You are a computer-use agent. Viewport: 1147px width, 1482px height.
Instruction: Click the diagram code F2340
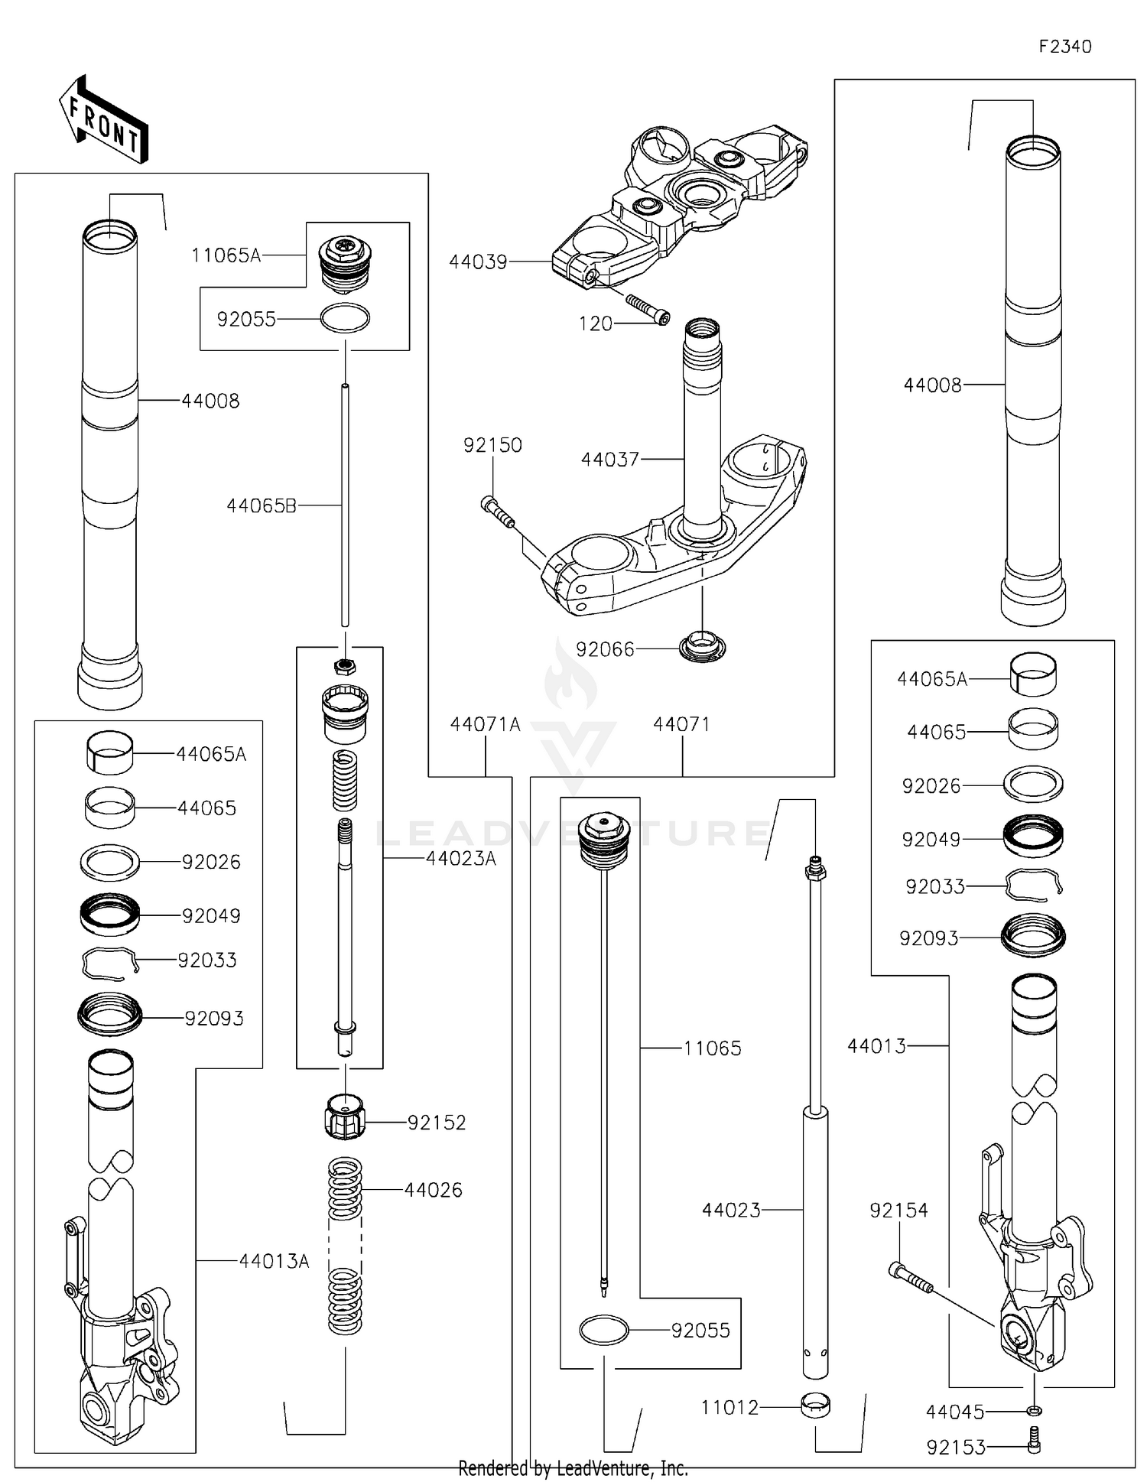point(1064,47)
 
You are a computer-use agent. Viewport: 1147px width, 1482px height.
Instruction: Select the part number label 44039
point(478,262)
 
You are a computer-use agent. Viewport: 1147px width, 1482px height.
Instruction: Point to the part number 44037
point(609,460)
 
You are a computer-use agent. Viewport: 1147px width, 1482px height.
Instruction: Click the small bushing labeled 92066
point(703,647)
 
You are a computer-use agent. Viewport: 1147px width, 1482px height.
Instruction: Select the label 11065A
point(226,255)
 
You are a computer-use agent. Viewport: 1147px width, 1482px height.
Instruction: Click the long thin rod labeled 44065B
point(345,505)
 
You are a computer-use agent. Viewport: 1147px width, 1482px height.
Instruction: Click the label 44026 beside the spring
point(433,1190)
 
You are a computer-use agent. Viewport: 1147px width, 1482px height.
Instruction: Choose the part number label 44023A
point(460,859)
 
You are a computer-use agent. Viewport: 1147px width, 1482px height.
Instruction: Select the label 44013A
point(274,1261)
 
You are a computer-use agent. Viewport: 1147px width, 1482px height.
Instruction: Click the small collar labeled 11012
point(815,1406)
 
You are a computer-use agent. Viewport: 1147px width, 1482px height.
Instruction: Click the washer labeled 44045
point(1035,1411)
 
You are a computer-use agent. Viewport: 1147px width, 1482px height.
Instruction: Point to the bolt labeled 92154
point(910,1278)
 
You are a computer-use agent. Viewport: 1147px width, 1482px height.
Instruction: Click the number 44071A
point(485,724)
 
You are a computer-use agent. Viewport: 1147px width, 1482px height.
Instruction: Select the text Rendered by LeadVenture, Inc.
point(573,1468)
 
